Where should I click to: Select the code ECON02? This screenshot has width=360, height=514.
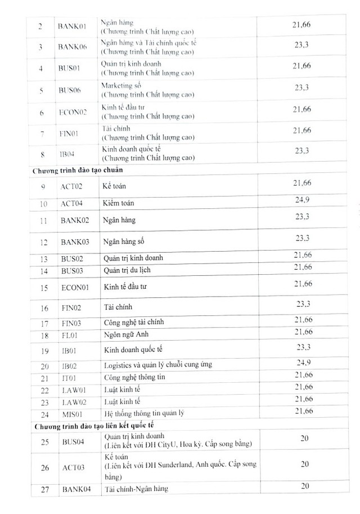coord(73,113)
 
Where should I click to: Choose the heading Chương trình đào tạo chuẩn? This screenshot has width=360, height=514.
coord(78,169)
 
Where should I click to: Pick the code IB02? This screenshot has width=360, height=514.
coord(69,365)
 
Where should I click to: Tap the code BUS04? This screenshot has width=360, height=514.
coord(72,442)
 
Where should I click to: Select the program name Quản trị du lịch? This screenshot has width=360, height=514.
coord(127,270)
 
